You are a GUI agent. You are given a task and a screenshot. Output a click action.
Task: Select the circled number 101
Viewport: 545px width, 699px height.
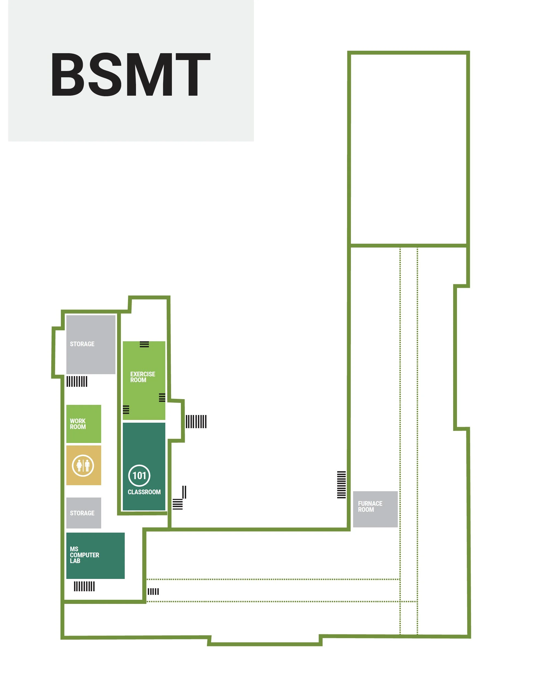click(x=139, y=476)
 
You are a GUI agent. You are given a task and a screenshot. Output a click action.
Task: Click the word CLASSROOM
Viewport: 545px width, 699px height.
click(x=144, y=492)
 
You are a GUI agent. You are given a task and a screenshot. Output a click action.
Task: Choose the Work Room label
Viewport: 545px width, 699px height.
click(x=78, y=424)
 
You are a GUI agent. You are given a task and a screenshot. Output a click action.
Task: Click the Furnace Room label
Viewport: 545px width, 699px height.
click(x=370, y=506)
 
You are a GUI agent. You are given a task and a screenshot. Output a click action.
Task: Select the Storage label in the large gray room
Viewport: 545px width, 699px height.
click(x=82, y=344)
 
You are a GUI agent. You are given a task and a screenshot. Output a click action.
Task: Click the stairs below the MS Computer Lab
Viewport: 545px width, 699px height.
click(x=84, y=586)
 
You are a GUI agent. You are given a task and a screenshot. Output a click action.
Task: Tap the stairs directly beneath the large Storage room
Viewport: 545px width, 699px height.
click(x=77, y=382)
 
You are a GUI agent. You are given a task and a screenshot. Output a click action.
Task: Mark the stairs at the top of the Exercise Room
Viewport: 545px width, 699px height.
click(x=144, y=344)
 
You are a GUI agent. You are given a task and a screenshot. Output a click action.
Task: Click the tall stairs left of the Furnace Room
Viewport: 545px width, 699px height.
click(x=342, y=485)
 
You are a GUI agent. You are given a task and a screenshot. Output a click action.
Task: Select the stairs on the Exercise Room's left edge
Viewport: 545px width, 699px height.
click(x=126, y=410)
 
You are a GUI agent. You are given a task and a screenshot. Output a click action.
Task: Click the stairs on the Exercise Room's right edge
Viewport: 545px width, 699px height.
click(x=162, y=397)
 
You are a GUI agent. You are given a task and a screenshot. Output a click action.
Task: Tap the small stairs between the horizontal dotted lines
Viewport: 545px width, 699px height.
click(x=153, y=592)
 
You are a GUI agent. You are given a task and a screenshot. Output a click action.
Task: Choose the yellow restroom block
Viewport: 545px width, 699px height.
click(x=84, y=465)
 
